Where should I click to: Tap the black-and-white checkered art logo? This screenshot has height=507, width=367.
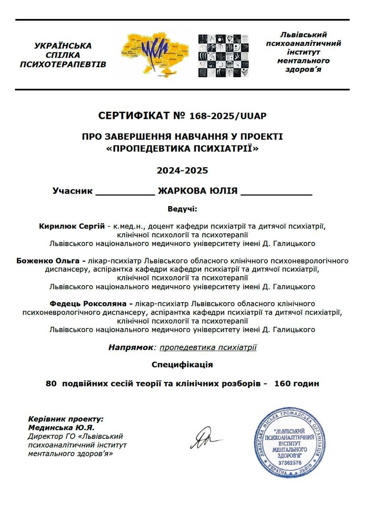pyautogui.click(x=224, y=55)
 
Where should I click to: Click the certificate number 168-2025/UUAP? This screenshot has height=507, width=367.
pyautogui.click(x=228, y=116)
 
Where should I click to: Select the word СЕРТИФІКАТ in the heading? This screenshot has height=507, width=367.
pyautogui.click(x=134, y=116)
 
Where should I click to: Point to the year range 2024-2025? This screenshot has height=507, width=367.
pyautogui.click(x=182, y=171)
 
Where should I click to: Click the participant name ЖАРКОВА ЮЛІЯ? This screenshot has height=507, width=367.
pyautogui.click(x=198, y=191)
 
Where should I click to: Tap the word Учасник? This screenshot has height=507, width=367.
pyautogui.click(x=72, y=191)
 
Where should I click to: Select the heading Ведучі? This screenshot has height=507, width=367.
pyautogui.click(x=182, y=209)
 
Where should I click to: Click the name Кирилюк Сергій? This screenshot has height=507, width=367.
pyautogui.click(x=72, y=226)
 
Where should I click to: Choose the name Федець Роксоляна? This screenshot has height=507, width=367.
pyautogui.click(x=91, y=304)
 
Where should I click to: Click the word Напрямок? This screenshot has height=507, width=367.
pyautogui.click(x=130, y=347)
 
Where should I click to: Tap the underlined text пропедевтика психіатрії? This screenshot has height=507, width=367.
pyautogui.click(x=208, y=347)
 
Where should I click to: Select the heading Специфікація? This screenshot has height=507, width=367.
pyautogui.click(x=182, y=364)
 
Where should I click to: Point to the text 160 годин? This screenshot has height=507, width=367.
pyautogui.click(x=296, y=383)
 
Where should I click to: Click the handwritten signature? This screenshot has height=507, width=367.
pyautogui.click(x=205, y=438)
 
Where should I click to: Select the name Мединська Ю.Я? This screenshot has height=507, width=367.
pyautogui.click(x=61, y=428)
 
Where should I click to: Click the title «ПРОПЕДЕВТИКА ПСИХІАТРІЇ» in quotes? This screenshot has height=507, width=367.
pyautogui.click(x=182, y=149)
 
